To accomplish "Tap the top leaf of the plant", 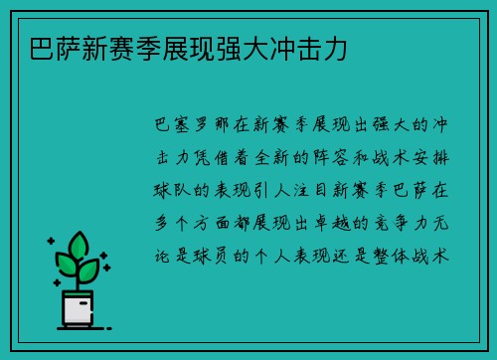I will click(78, 244).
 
